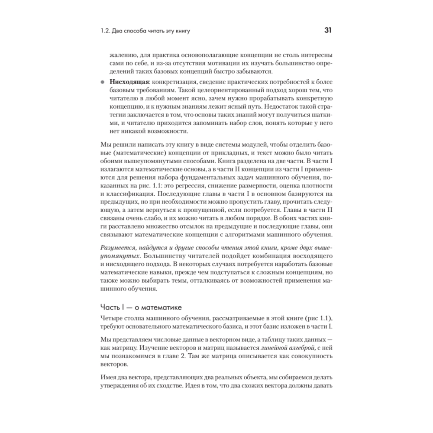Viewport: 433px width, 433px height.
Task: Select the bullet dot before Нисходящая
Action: pos(102,82)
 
